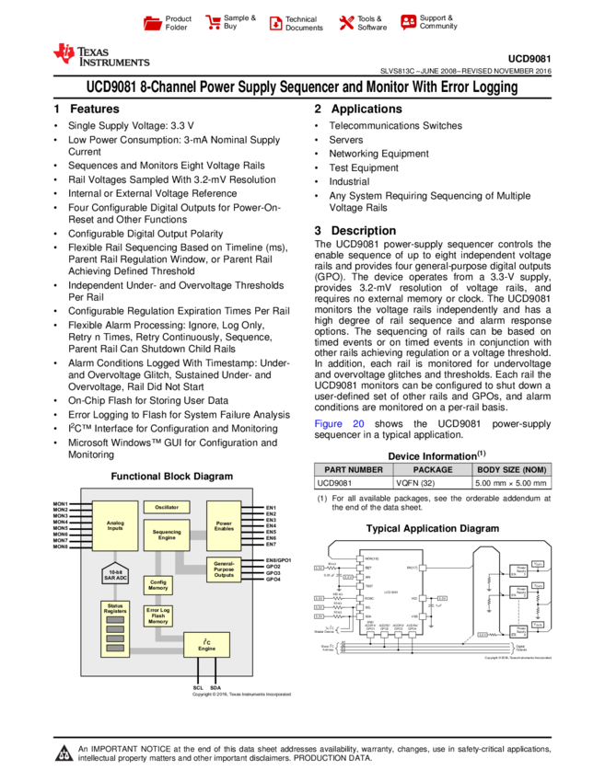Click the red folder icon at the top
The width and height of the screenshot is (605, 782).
click(x=153, y=24)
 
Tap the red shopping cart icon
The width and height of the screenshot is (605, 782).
click(x=214, y=23)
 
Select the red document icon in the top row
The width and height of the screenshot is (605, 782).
click(x=275, y=24)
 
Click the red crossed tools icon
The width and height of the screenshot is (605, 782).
click(x=346, y=23)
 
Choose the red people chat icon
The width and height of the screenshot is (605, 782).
click(x=409, y=22)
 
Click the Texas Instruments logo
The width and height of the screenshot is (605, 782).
click(x=100, y=55)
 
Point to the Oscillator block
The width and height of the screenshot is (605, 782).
click(x=167, y=507)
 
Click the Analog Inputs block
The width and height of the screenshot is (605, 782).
click(x=115, y=525)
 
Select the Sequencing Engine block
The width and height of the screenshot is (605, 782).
click(x=167, y=535)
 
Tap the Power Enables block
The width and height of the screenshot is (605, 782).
click(x=224, y=525)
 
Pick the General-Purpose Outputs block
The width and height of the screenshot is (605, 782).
click(x=224, y=569)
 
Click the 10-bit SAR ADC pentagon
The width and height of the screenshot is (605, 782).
click(x=115, y=574)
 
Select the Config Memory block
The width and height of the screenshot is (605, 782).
click(x=158, y=585)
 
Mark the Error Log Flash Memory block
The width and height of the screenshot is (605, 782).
click(x=158, y=616)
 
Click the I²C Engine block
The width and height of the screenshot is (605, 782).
click(x=206, y=645)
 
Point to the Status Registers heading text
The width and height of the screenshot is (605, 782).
click(x=115, y=608)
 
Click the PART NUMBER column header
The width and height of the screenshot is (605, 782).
click(x=354, y=469)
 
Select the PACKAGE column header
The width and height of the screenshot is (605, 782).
click(x=433, y=469)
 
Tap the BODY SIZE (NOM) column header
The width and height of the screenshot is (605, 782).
click(x=512, y=469)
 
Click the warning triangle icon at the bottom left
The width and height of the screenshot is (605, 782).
click(x=64, y=753)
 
